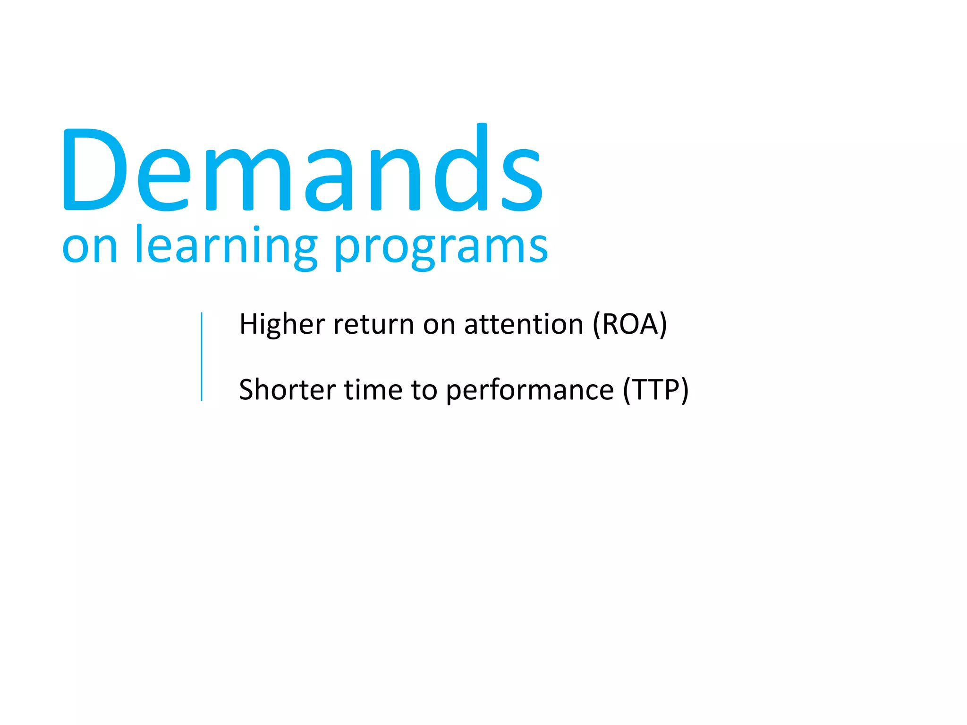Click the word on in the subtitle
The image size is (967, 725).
(90, 248)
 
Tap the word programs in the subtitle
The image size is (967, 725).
(441, 248)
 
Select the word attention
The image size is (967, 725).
(524, 325)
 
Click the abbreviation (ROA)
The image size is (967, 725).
(630, 325)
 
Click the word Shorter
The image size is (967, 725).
(287, 390)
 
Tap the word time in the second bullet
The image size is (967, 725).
(373, 390)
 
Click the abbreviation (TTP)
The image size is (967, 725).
(656, 390)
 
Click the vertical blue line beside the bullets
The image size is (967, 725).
(202, 357)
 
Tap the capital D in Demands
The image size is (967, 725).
(94, 170)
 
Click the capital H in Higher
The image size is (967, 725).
(249, 325)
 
